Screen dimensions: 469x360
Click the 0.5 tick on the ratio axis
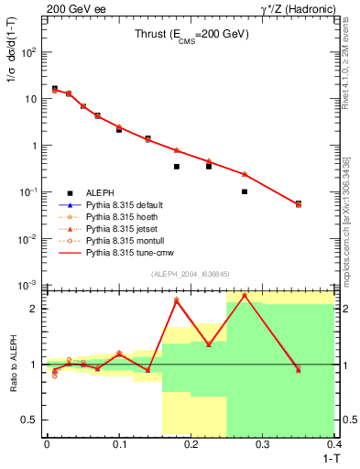pyautogui.click(x=32, y=420)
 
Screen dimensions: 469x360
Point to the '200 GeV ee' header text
pyautogui.click(x=71, y=8)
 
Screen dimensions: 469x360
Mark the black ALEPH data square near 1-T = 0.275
pyautogui.click(x=245, y=191)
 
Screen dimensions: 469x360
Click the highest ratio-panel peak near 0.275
pyautogui.click(x=245, y=295)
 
